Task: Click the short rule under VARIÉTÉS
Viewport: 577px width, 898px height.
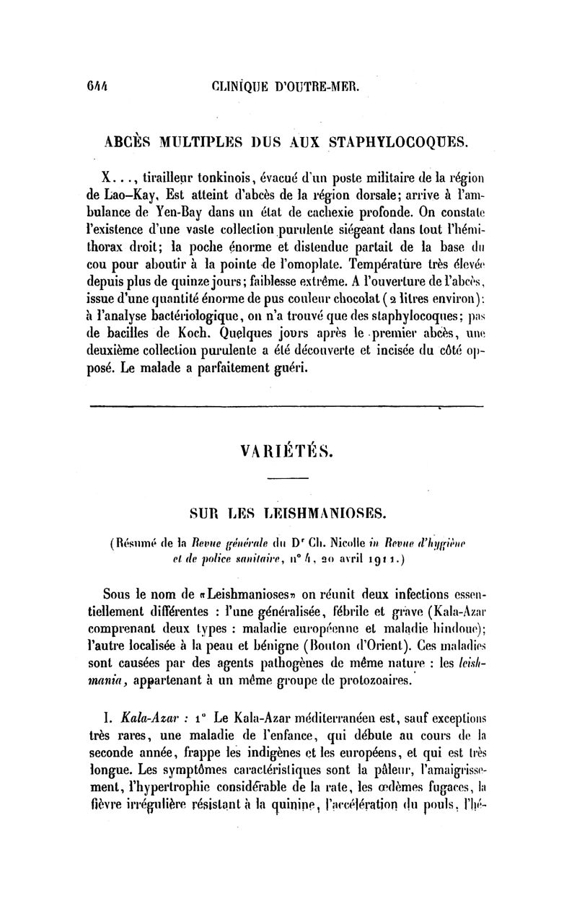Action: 287,479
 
